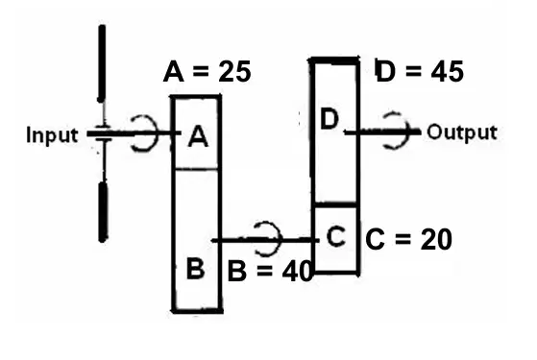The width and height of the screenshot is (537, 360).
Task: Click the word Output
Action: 462,132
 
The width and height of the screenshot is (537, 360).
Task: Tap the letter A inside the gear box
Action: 198,136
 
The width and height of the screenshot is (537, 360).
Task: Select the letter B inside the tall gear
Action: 196,268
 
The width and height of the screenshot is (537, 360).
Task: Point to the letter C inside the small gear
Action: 336,236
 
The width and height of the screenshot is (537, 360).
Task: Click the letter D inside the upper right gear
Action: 330,119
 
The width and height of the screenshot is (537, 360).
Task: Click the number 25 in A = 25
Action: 235,72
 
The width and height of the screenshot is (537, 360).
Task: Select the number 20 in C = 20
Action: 436,239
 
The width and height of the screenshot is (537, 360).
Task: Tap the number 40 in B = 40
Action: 297,271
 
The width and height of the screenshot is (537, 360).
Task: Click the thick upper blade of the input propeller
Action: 102,63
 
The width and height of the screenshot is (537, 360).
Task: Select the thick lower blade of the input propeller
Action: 103,212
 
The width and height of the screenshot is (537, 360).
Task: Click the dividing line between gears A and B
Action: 196,169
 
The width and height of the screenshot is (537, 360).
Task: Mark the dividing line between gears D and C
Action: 335,204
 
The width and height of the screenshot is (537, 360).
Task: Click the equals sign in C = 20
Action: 403,240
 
